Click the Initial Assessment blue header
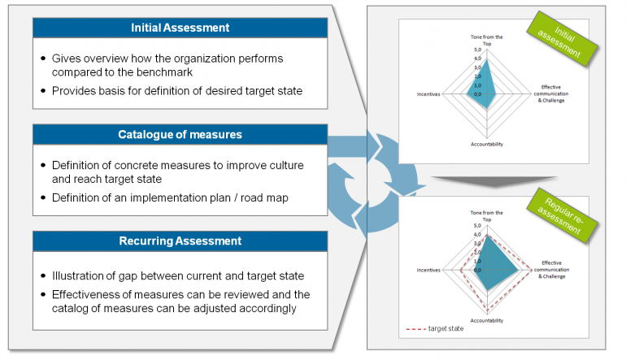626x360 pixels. (180, 28)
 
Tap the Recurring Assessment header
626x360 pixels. (180, 241)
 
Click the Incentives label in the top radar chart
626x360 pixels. (428, 94)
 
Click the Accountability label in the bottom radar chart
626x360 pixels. (486, 320)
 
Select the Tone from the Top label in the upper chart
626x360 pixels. (487, 40)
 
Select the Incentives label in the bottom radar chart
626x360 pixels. (428, 269)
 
